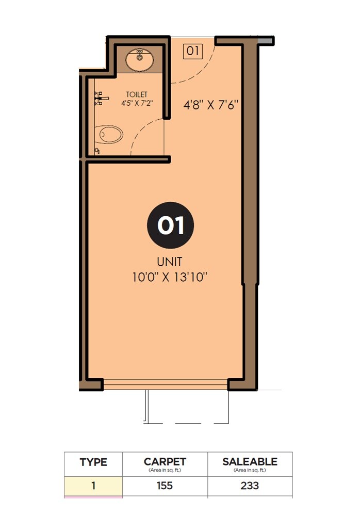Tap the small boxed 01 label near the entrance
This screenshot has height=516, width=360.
coord(193,51)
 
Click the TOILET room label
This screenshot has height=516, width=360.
coord(137,94)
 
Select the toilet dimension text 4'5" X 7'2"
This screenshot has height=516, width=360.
coord(137,103)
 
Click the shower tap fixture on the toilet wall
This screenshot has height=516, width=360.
coord(100,98)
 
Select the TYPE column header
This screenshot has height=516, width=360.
coord(93,462)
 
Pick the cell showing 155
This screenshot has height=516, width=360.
coord(165,486)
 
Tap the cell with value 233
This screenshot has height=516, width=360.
coord(250,486)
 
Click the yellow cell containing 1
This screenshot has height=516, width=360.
coord(93,486)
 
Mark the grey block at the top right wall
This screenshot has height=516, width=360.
coord(266,40)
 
